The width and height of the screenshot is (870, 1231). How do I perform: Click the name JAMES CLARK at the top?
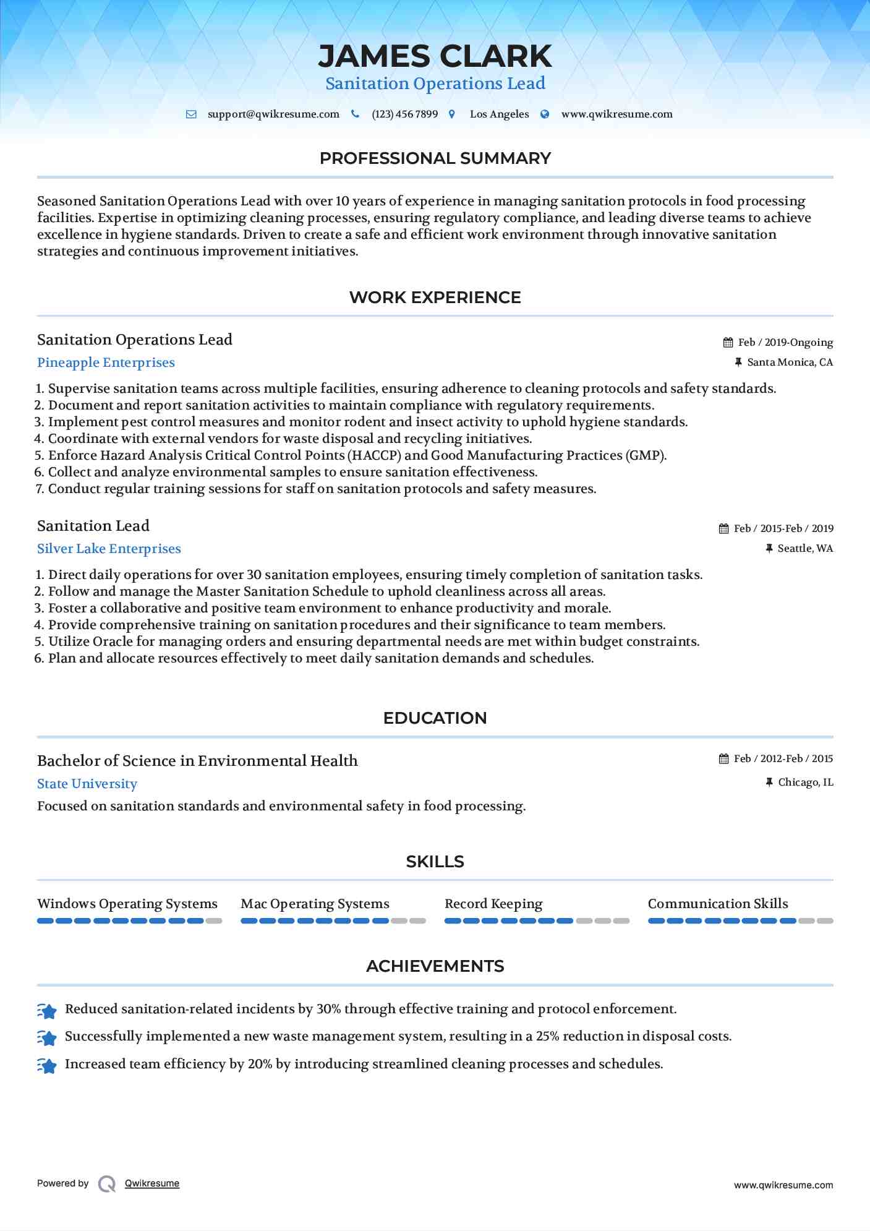(435, 56)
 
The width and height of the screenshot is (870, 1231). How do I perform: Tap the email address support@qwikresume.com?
(273, 114)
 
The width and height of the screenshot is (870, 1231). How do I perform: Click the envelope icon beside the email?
(192, 114)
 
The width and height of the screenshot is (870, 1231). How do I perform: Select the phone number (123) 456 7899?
(404, 114)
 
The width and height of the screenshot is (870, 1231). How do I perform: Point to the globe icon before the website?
(545, 114)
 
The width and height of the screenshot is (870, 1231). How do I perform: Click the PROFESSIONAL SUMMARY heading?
(435, 158)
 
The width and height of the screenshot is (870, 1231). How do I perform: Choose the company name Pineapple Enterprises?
(106, 363)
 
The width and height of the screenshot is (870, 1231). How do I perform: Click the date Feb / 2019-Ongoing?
(785, 343)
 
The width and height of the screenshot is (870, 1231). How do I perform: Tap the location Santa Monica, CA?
(790, 362)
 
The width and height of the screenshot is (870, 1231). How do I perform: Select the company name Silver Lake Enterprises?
(109, 549)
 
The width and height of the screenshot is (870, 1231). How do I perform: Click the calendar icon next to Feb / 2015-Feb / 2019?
(724, 529)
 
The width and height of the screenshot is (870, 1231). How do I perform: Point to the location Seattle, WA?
(805, 549)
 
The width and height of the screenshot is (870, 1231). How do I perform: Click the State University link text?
(87, 784)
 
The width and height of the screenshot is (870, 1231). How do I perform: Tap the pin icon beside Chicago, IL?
(769, 783)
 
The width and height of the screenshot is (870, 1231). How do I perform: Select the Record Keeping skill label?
(493, 904)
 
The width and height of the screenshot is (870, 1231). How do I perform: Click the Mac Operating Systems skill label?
(315, 904)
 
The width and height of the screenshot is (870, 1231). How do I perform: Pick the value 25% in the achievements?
(547, 1037)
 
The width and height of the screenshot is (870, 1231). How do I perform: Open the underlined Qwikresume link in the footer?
(152, 1183)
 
